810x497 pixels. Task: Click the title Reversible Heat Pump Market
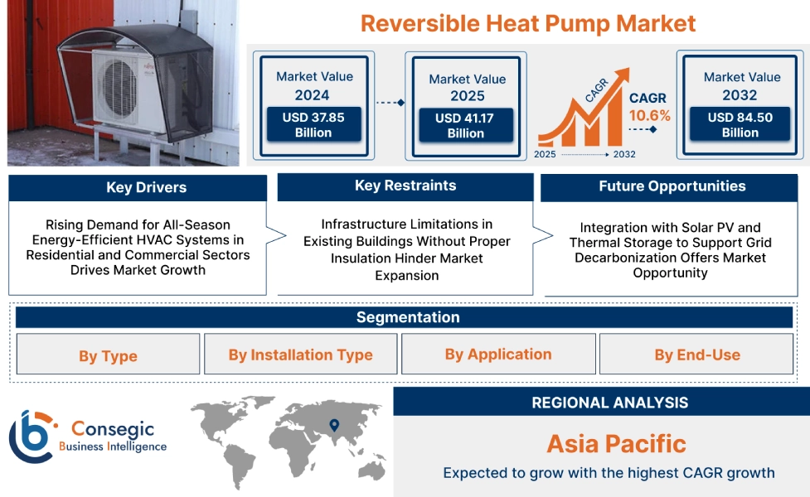tap(528, 22)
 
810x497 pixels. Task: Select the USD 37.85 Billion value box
tap(313, 125)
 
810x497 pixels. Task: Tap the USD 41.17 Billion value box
tap(465, 126)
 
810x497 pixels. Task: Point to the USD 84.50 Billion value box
tap(740, 125)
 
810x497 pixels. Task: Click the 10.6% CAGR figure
tap(649, 115)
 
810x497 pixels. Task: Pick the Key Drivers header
tap(138, 188)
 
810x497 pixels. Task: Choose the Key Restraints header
tap(405, 186)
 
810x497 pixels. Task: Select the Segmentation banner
tap(407, 317)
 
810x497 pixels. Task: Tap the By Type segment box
tap(108, 355)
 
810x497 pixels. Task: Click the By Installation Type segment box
tap(300, 355)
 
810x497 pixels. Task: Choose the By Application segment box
tap(497, 355)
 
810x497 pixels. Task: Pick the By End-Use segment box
tap(696, 355)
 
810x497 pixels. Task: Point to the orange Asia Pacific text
tap(616, 444)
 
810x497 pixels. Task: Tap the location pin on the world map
tap(334, 425)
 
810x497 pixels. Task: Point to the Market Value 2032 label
tap(741, 85)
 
